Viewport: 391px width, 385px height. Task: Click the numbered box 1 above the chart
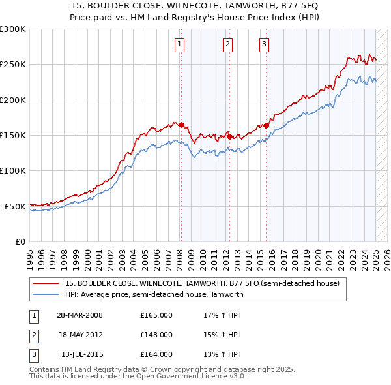coord(179,44)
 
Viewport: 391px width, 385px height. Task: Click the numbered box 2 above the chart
coord(227,44)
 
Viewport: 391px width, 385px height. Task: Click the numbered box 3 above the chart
coord(264,44)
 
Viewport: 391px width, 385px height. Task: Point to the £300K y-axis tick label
coord(13,29)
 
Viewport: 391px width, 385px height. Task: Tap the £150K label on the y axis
coord(13,135)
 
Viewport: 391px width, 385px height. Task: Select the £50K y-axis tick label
coord(15,206)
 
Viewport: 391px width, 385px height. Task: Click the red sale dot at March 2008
coord(182,125)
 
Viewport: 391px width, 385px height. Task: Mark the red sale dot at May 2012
coord(229,136)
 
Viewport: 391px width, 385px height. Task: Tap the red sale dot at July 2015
coord(266,125)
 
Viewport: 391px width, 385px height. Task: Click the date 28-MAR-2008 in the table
coord(80,315)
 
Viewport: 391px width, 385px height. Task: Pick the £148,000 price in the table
coord(156,335)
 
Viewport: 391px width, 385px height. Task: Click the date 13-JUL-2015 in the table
coord(80,354)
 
